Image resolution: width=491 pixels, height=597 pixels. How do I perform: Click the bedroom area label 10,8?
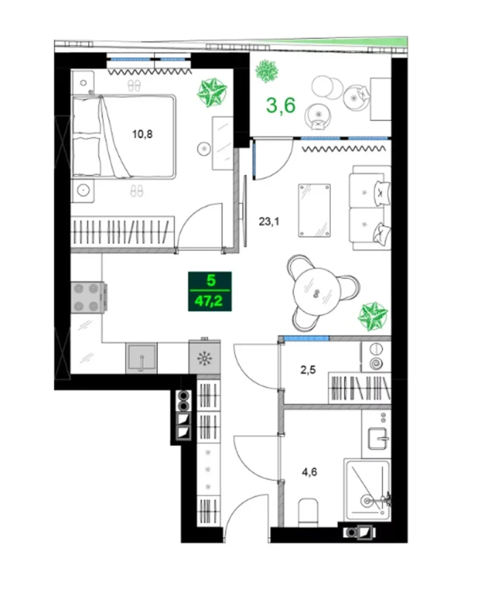tap(142, 134)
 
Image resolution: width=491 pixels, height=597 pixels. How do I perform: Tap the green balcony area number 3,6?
tap(281, 106)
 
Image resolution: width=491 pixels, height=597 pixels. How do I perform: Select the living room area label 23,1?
tap(269, 221)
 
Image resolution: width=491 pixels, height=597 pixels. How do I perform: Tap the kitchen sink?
tap(141, 357)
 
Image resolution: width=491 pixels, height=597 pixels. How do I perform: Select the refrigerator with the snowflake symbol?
tap(204, 357)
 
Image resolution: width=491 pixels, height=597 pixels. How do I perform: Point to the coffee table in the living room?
tap(315, 210)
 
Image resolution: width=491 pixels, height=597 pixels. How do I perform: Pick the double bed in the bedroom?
tap(123, 136)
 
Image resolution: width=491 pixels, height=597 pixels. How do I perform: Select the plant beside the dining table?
tap(373, 316)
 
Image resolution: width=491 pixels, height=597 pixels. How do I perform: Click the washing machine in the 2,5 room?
tap(376, 356)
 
